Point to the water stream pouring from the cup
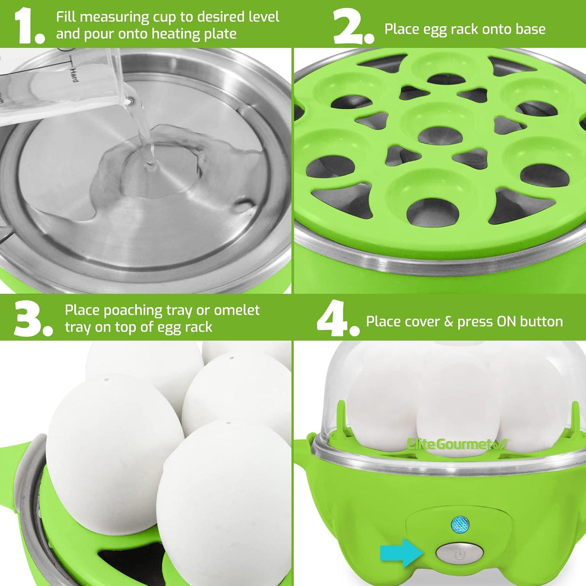pos(146,141)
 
